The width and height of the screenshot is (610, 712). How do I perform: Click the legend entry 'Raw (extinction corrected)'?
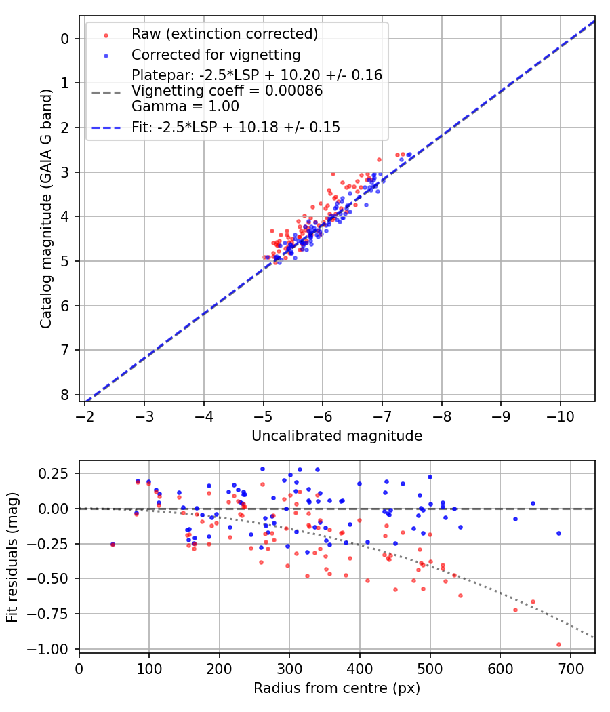[x=224, y=34]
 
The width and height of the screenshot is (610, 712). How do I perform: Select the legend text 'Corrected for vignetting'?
[x=216, y=54]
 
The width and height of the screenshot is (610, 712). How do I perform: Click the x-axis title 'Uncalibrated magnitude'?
[x=337, y=436]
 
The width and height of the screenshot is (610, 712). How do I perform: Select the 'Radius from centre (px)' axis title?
[x=337, y=688]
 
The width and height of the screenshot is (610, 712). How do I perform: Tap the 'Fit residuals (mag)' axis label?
[x=12, y=557]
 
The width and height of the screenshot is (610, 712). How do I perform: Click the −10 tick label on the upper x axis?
[x=560, y=415]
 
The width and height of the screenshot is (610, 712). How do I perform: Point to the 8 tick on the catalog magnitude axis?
[x=66, y=395]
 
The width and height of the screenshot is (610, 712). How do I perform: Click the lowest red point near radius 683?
[x=558, y=644]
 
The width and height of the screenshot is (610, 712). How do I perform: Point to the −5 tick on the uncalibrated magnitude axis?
[x=264, y=415]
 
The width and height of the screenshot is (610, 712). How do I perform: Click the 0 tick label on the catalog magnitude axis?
[x=66, y=39]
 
